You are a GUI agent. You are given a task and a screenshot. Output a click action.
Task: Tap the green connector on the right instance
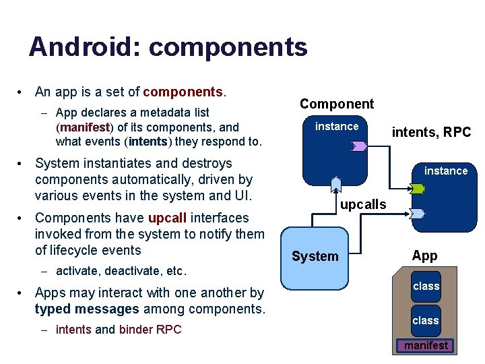pyautogui.click(x=418, y=189)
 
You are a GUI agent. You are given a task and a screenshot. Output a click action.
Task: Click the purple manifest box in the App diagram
pyautogui.click(x=426, y=346)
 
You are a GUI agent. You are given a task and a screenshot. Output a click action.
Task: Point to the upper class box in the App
pyautogui.click(x=426, y=286)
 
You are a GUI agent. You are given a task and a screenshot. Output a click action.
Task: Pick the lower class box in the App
pyautogui.click(x=426, y=320)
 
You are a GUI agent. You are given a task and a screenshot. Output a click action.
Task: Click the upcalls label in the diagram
pyautogui.click(x=363, y=204)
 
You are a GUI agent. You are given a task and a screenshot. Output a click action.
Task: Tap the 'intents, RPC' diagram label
pyautogui.click(x=431, y=132)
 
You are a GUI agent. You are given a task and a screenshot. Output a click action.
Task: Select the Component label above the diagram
pyautogui.click(x=336, y=104)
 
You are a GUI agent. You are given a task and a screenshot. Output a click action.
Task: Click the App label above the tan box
pyautogui.click(x=424, y=255)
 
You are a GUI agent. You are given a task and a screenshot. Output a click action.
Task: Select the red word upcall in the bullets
pyautogui.click(x=172, y=218)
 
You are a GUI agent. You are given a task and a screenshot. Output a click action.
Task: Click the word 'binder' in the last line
pyautogui.click(x=135, y=330)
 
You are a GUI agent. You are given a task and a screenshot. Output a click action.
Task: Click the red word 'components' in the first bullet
pyautogui.click(x=182, y=92)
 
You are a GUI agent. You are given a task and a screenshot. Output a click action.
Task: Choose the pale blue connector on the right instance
pyautogui.click(x=418, y=213)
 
